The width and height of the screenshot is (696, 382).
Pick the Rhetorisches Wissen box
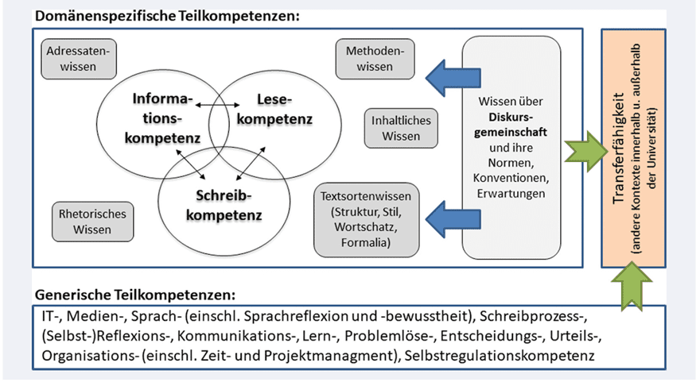click(x=85, y=222)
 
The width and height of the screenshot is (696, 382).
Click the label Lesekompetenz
click(x=275, y=110)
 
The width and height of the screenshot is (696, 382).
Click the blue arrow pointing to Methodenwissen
click(x=440, y=76)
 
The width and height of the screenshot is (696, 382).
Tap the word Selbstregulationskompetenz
click(x=501, y=354)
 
